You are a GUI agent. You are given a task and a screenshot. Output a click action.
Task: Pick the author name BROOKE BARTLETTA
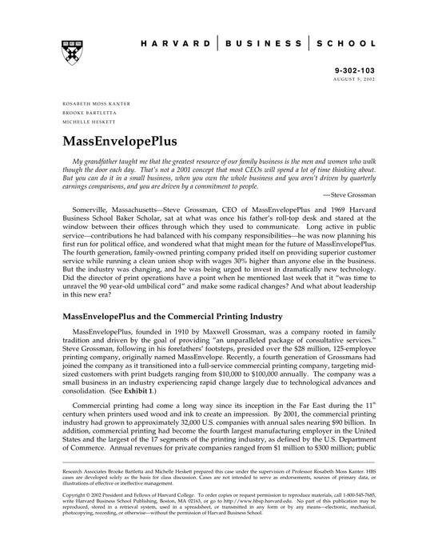tap(89, 112)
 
